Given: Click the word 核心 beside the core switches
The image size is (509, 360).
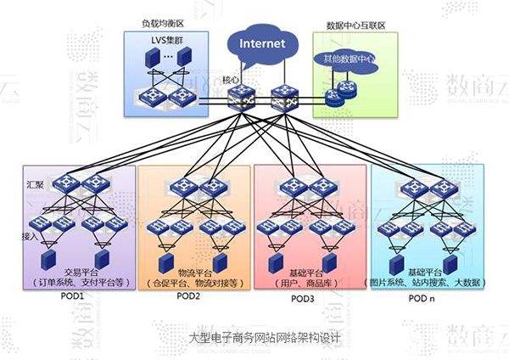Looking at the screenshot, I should [x=230, y=80].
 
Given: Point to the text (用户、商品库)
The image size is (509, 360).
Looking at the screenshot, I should [x=302, y=281].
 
